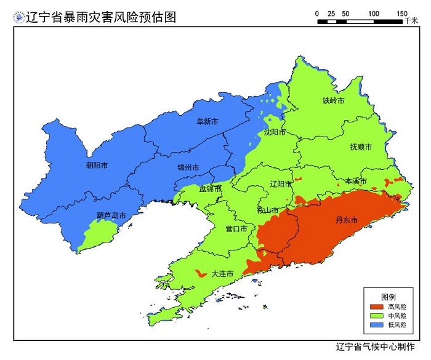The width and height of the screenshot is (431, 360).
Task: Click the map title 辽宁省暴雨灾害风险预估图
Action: click(x=100, y=17)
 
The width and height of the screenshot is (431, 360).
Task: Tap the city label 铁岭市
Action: click(x=333, y=100)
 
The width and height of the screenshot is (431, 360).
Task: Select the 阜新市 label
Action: click(x=207, y=122)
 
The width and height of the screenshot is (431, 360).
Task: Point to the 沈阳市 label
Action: click(x=275, y=132)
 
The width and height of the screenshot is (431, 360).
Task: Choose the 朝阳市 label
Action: click(x=97, y=166)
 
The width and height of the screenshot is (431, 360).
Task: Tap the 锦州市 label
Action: click(x=188, y=167)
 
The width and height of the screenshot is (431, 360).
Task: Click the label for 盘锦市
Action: click(x=211, y=189)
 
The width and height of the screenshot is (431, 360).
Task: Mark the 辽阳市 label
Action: click(x=281, y=184)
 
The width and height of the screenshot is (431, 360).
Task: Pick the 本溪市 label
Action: click(x=355, y=182)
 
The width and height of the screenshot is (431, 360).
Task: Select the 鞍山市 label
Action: click(x=267, y=210)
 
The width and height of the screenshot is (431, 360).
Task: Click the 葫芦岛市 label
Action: click(x=111, y=216)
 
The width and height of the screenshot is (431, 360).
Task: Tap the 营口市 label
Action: click(x=236, y=228)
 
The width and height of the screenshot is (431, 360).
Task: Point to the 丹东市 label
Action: click(x=346, y=220)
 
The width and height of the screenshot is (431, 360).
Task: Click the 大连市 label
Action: click(x=222, y=273)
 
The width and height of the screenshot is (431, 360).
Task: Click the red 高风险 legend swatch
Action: click(x=376, y=306)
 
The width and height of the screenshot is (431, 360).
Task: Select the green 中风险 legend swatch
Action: click(x=376, y=315)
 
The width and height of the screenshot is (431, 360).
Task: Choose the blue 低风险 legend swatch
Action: click(x=376, y=324)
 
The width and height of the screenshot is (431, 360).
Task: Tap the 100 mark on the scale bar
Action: click(x=373, y=14)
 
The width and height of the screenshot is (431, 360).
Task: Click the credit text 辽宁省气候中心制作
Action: click(x=376, y=346)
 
